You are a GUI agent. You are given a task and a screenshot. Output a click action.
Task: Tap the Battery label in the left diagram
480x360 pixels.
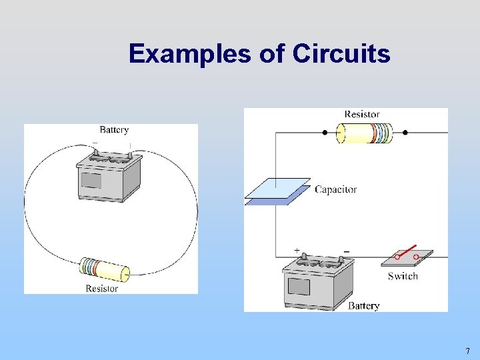[114, 130]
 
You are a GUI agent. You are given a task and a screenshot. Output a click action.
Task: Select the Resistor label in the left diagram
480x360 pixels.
[102, 289]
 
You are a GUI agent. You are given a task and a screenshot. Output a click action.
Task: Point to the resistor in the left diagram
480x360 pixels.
[104, 269]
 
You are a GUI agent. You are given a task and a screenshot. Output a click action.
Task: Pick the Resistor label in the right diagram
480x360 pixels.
[362, 115]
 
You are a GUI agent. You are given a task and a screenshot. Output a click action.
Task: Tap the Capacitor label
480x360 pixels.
[335, 189]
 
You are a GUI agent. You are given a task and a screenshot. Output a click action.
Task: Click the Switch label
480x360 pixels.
[403, 276]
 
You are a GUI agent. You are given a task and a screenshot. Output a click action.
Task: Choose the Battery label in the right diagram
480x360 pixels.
[363, 306]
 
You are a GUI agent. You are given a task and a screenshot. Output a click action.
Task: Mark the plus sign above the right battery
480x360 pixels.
[297, 250]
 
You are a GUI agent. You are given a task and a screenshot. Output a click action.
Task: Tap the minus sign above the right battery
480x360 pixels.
[346, 250]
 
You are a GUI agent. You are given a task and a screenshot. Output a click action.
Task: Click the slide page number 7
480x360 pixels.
[467, 351]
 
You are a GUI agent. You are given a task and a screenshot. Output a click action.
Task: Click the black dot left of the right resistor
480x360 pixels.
[325, 133]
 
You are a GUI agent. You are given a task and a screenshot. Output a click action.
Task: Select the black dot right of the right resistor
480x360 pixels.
[405, 133]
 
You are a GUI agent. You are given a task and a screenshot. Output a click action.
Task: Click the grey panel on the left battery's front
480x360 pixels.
[91, 180]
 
